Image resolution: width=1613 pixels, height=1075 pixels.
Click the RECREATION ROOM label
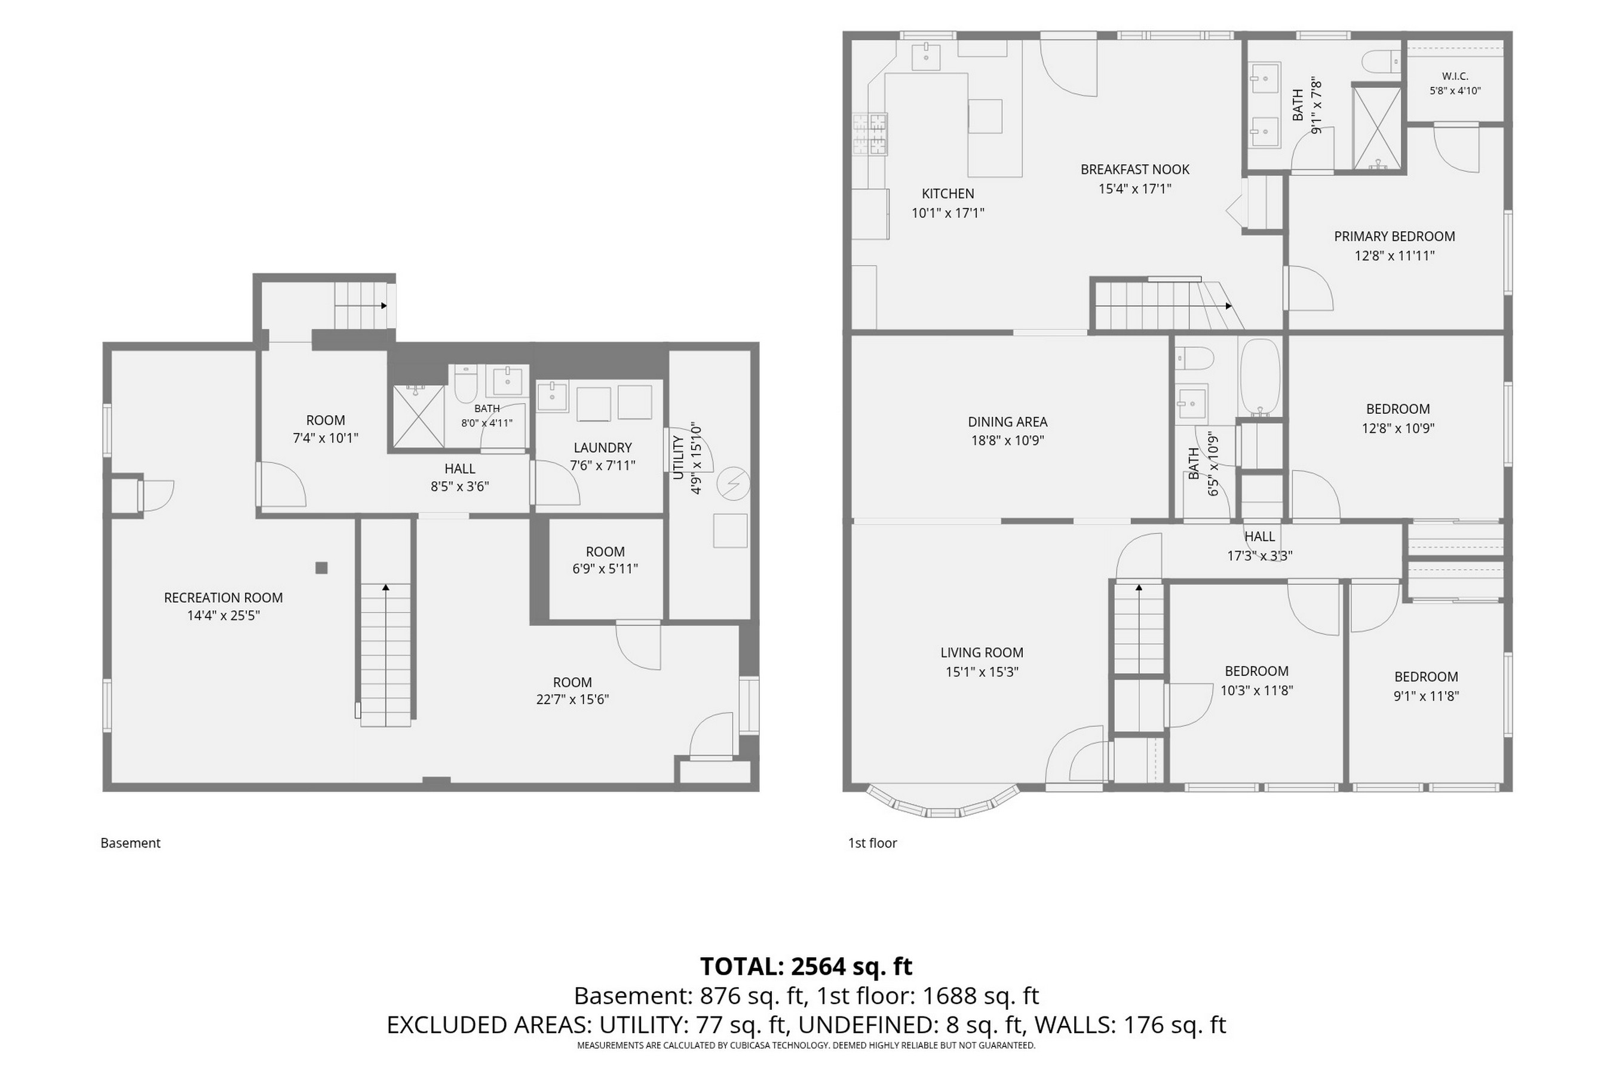click(223, 598)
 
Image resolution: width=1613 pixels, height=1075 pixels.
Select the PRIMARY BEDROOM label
click(1394, 236)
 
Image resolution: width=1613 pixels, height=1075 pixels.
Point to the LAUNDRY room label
click(602, 448)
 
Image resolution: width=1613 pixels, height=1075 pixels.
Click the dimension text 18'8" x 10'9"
click(1007, 440)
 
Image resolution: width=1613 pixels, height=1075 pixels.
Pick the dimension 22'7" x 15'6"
click(573, 699)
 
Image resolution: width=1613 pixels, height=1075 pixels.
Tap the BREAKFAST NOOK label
click(1135, 170)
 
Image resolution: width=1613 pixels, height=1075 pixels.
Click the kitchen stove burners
click(870, 134)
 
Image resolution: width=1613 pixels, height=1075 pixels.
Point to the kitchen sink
click(926, 56)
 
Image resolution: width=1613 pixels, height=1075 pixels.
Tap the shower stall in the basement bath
click(418, 417)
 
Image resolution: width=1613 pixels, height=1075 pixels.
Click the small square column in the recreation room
click(321, 568)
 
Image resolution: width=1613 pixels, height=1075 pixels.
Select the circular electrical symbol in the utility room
click(732, 484)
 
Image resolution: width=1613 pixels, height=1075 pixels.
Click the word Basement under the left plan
click(130, 843)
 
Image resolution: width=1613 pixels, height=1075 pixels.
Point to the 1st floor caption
click(872, 843)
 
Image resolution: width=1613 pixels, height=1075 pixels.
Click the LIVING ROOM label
click(982, 653)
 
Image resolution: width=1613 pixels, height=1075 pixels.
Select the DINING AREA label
click(1007, 422)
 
